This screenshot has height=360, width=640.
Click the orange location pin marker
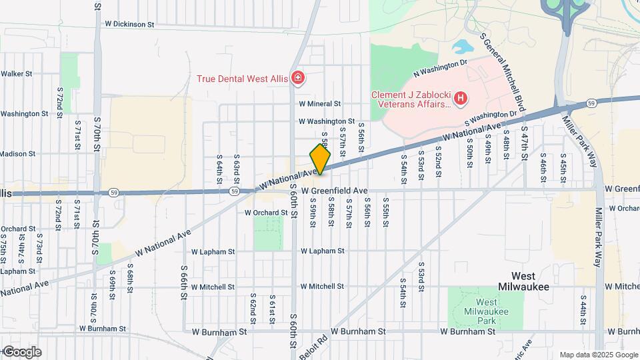click(x=320, y=159)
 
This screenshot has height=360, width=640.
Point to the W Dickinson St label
click(x=129, y=24)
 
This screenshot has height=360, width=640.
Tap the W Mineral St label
click(x=319, y=104)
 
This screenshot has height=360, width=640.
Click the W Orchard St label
click(x=266, y=213)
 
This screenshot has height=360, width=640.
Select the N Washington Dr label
click(x=437, y=68)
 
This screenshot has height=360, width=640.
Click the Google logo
click(x=21, y=352)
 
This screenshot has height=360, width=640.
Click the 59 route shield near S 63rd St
click(x=234, y=191)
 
